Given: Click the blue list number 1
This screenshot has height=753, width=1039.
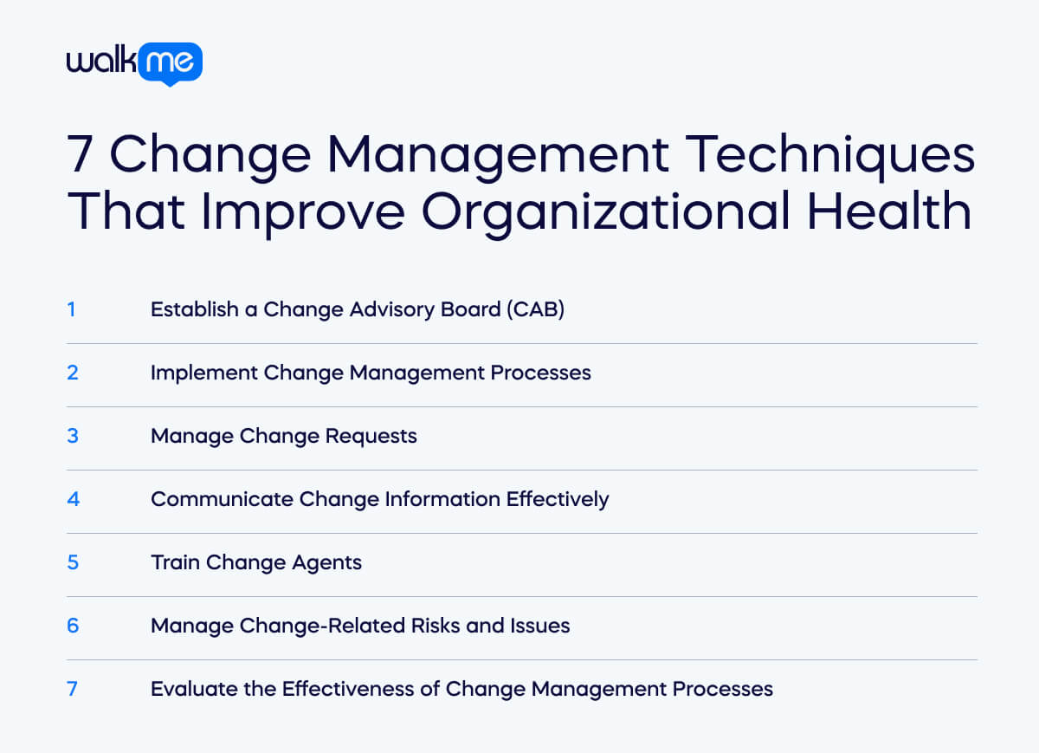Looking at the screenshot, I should click(72, 308).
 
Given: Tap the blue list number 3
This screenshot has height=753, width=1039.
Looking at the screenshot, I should click(73, 435).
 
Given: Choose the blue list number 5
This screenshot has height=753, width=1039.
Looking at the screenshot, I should click(73, 562).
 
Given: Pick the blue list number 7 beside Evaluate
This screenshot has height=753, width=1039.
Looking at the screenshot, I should click(73, 688).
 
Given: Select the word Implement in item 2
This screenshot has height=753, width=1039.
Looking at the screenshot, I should click(203, 372).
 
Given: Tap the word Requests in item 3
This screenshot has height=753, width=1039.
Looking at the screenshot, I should click(371, 435).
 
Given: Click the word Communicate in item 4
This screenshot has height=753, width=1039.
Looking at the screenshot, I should click(222, 498).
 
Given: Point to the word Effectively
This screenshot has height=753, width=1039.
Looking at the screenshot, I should click(558, 498).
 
